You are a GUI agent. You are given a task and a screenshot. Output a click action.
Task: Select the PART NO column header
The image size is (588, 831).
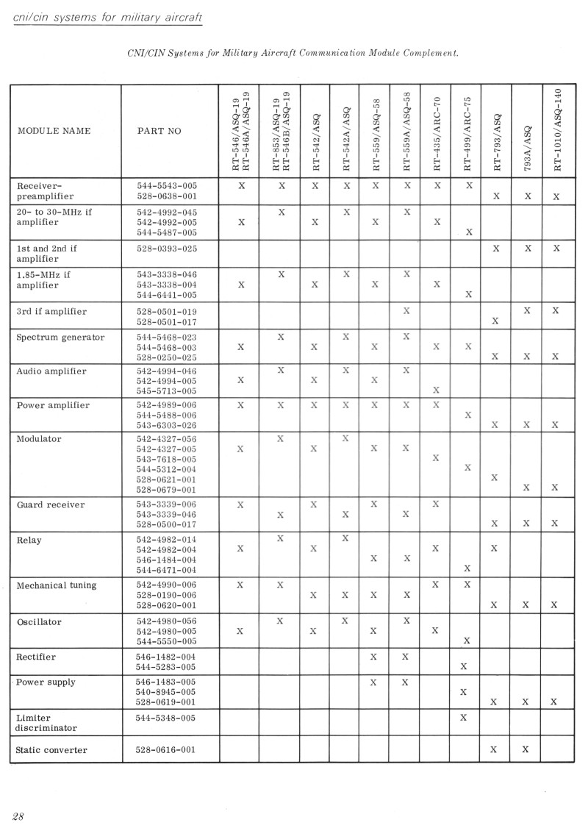point(155,132)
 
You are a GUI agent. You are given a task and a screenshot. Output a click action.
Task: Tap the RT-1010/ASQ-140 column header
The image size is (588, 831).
point(557,131)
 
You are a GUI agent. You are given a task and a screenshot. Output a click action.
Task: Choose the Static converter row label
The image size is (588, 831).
point(51,750)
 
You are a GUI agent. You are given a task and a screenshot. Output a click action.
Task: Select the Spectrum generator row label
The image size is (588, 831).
point(60,338)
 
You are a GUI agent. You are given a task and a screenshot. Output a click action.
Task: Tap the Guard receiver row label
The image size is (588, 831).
point(51,504)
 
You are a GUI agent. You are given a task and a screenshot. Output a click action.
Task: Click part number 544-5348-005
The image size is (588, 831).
point(167,717)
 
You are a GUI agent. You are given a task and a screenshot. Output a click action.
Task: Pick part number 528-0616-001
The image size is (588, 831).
point(167,750)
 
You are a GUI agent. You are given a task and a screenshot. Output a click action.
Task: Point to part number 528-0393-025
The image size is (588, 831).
point(167,249)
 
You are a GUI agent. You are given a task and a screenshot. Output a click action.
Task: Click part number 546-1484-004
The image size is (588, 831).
point(167,560)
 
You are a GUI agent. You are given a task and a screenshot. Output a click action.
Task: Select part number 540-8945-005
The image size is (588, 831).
point(167,692)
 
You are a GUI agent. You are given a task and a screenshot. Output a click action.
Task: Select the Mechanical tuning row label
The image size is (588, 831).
point(56,585)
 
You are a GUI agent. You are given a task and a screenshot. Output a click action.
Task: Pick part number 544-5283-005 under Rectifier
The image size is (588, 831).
point(167,667)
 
